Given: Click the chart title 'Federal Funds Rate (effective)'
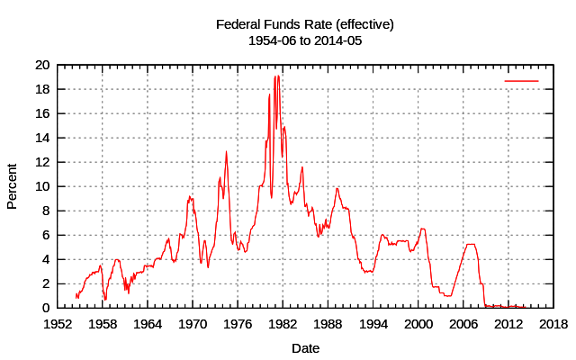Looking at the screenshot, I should tap(305, 24).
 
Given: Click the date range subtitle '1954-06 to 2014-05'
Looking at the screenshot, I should tap(305, 40).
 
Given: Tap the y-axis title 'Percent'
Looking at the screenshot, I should tap(13, 186).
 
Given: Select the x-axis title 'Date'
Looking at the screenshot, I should tap(305, 347).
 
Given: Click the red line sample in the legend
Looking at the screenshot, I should tap(521, 81).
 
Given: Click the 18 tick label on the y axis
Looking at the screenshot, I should tap(42, 90).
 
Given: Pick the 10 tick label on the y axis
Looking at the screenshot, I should tap(42, 186).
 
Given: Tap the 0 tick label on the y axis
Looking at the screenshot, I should tap(46, 308).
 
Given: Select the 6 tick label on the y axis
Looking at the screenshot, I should tap(46, 235).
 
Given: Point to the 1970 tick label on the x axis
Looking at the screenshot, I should tap(193, 324).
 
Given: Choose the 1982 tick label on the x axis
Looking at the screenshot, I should tap(283, 324).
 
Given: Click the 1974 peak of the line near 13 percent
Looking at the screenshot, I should tap(226, 151).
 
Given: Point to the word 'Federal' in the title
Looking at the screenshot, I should tap(238, 24).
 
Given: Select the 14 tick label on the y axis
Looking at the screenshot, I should tap(42, 139).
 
